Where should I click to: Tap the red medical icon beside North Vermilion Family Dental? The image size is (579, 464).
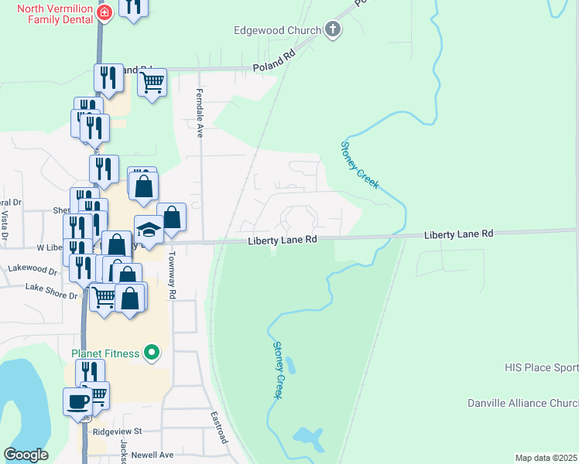coord(104,12)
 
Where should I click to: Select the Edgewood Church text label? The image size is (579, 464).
coord(278,30)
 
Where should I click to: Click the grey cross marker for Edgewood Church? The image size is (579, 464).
coord(334,30)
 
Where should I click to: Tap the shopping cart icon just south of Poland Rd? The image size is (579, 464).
coord(152,81)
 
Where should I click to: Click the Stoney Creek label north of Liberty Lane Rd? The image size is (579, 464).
coord(360,165)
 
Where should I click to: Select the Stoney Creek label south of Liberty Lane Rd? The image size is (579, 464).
coord(276,371)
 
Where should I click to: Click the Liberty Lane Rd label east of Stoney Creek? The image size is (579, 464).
coord(458,234)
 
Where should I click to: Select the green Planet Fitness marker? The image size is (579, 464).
coord(152,353)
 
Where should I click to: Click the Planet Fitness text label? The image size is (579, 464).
coord(105,353)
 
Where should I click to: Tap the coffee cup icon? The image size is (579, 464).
coord(77,402)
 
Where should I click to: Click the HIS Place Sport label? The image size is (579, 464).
coord(541,368)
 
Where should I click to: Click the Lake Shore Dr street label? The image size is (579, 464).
coord(52,288)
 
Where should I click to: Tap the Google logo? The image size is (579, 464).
coord(26,455)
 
